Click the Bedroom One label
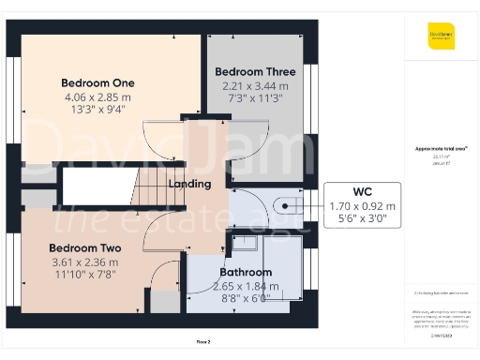(x=98, y=82)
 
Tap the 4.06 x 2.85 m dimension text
(x=98, y=96)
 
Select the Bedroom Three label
(x=255, y=72)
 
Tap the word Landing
(x=189, y=184)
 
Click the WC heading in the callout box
(x=362, y=191)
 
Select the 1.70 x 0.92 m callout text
(x=362, y=206)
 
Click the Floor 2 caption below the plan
(x=203, y=342)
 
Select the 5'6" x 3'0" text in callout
(x=362, y=219)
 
